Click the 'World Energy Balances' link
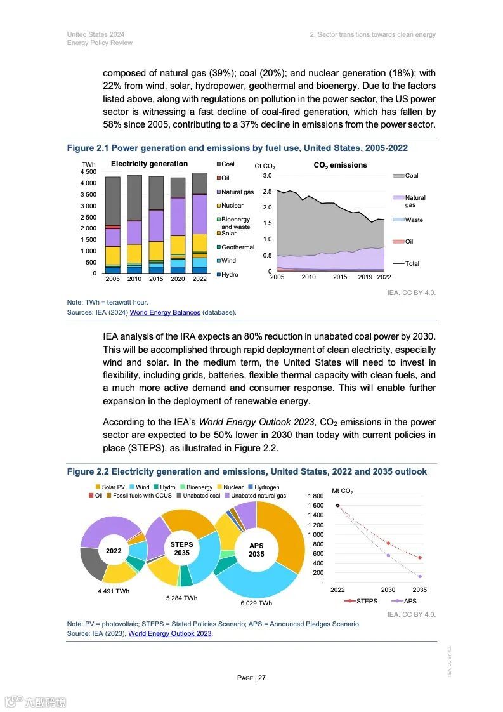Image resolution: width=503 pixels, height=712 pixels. [165, 312]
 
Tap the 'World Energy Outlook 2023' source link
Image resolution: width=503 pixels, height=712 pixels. [170, 633]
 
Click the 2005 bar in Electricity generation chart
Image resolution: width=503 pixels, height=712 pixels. [113, 225]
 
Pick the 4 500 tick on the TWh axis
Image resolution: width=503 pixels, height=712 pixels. [88, 172]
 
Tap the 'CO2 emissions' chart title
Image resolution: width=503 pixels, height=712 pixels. [340, 165]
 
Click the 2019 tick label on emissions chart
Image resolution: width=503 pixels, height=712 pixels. [365, 277]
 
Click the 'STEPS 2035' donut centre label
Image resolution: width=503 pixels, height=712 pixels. [182, 549]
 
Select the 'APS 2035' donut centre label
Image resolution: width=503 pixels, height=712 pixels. [256, 550]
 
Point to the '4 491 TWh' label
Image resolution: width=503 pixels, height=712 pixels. [114, 591]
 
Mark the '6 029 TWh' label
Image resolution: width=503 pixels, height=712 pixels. [256, 603]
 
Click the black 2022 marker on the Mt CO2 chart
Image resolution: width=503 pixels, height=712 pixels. [338, 506]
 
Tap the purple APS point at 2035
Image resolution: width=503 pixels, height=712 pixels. [419, 576]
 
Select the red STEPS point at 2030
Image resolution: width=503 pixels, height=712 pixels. [388, 543]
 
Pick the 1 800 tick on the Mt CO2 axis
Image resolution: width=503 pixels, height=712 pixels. [315, 496]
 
